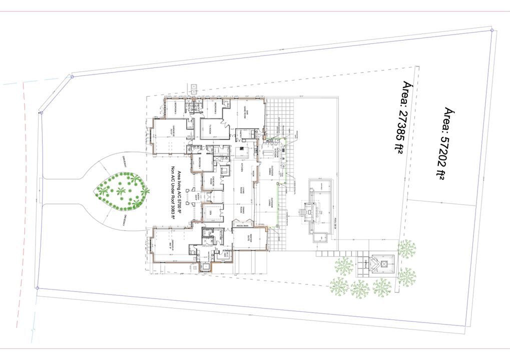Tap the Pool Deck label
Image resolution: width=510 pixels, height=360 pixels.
pyautogui.click(x=334, y=223)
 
